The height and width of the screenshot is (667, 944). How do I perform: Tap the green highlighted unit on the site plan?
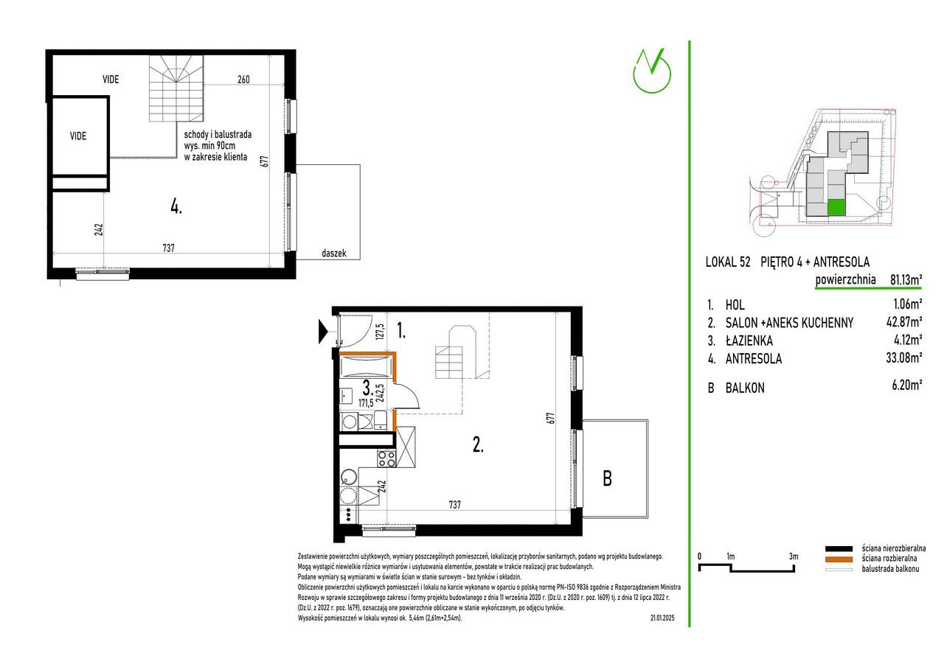pyautogui.click(x=836, y=208)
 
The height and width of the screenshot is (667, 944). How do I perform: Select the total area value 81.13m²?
pyautogui.click(x=906, y=279)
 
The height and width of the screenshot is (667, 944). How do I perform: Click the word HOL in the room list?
pyautogui.click(x=735, y=304)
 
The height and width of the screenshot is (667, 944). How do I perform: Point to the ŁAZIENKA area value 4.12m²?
pyautogui.click(x=906, y=339)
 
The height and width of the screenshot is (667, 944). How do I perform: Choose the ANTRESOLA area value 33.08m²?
pyautogui.click(x=904, y=357)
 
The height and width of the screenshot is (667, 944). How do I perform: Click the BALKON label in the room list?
pyautogui.click(x=745, y=388)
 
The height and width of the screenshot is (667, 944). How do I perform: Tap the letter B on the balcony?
pyautogui.click(x=607, y=478)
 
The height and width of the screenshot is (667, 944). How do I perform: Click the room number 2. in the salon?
pyautogui.click(x=478, y=444)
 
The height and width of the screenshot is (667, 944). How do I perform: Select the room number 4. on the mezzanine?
pyautogui.click(x=176, y=207)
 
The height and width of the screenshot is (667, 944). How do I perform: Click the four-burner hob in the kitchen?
pyautogui.click(x=386, y=459)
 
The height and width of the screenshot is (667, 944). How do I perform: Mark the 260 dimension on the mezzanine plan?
pyautogui.click(x=243, y=79)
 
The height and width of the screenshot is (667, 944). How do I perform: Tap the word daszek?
pyautogui.click(x=334, y=253)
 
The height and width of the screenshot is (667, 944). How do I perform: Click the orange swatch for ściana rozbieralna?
pyautogui.click(x=839, y=559)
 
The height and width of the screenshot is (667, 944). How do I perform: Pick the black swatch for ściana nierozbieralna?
pyautogui.click(x=839, y=548)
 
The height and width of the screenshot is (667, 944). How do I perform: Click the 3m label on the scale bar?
pyautogui.click(x=794, y=556)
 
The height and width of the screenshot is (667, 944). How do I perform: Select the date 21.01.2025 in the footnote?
pyautogui.click(x=662, y=618)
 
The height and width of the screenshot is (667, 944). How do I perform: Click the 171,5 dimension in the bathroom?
pyautogui.click(x=366, y=403)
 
